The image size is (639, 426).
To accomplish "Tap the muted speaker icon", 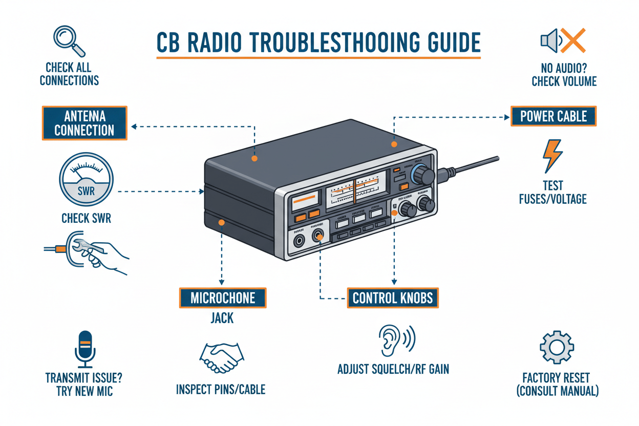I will tap(563, 41).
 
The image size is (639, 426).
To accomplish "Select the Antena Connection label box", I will tap(84, 123).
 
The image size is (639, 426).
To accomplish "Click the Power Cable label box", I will tap(553, 116).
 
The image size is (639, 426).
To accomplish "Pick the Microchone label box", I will tap(223, 297).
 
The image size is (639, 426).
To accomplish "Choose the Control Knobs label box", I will tap(393, 297).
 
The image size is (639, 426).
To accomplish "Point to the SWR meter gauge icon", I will tap(86, 181).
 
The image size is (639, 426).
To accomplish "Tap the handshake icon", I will tap(222, 356).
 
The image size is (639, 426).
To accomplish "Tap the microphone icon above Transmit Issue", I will tap(85, 349).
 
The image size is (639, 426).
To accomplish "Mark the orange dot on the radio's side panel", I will tap(221, 222).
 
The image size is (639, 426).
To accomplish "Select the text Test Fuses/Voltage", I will tap(553, 192).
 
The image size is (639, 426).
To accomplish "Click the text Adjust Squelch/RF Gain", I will tap(393, 369).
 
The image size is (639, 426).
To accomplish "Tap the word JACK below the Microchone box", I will tap(222, 318).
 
